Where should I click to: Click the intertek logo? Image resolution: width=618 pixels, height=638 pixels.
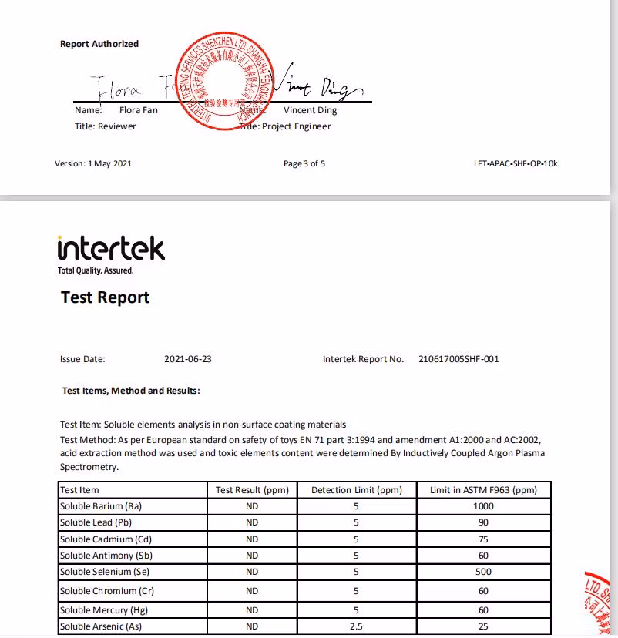[110, 249]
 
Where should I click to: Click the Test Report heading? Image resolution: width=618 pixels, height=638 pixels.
[105, 297]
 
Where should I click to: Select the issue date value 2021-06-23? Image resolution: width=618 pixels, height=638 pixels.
[188, 359]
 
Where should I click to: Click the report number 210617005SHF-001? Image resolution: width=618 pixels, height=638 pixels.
[458, 359]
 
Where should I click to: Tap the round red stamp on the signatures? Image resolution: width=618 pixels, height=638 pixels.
[223, 81]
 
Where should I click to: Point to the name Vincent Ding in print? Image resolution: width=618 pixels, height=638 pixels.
[310, 110]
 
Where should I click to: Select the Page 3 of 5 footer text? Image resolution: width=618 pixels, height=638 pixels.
[304, 163]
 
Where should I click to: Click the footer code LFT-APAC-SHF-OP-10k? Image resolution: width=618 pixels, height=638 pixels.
[516, 163]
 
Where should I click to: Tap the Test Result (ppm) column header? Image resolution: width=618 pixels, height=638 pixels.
[252, 490]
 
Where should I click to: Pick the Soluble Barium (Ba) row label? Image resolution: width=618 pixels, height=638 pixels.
[101, 506]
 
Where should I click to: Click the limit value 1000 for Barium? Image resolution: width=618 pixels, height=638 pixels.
[483, 506]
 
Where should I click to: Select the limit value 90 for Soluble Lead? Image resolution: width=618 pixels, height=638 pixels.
[483, 522]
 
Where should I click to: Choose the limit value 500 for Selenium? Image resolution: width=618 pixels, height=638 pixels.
[483, 572]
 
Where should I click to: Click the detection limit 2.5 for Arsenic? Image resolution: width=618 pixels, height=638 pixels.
[356, 626]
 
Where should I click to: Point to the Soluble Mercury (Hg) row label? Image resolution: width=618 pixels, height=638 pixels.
[102, 610]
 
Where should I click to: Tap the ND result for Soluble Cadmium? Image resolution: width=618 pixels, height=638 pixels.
[252, 539]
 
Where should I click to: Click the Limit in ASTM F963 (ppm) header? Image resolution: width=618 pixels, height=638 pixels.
[483, 490]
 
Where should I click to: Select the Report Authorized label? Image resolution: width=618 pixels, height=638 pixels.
[99, 44]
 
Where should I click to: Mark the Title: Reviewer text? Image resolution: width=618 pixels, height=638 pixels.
[106, 126]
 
